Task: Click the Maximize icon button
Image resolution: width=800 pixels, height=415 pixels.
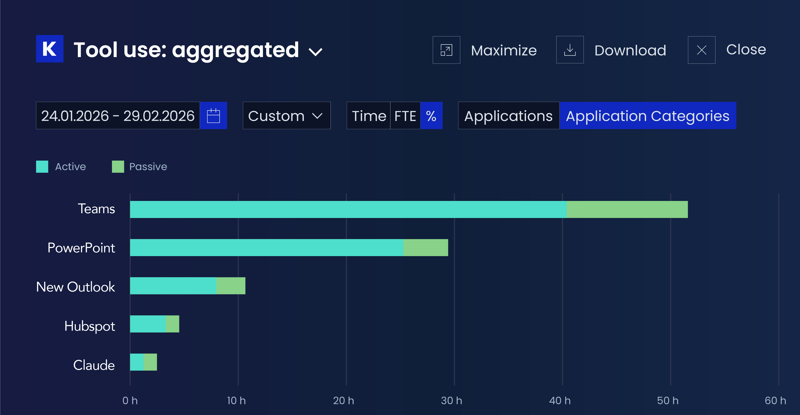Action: pyautogui.click(x=446, y=50)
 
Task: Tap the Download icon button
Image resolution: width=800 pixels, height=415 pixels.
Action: pyautogui.click(x=570, y=50)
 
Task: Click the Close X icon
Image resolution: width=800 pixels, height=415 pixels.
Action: pyautogui.click(x=701, y=50)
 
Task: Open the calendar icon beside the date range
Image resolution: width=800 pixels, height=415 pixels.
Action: pyautogui.click(x=213, y=116)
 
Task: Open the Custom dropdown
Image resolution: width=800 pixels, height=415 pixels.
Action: pyautogui.click(x=287, y=116)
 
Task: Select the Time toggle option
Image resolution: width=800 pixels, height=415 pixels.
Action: pyautogui.click(x=369, y=116)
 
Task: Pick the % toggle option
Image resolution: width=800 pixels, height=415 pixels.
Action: pyautogui.click(x=431, y=116)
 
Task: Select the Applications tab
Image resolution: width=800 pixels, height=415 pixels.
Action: pyautogui.click(x=509, y=116)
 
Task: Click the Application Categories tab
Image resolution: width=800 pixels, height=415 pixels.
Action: pyautogui.click(x=648, y=116)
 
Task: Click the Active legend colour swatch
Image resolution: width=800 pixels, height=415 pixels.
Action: pyautogui.click(x=42, y=167)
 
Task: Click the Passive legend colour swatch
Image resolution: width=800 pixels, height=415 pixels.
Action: pyautogui.click(x=118, y=167)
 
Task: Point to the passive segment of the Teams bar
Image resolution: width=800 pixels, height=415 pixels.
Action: pyautogui.click(x=627, y=209)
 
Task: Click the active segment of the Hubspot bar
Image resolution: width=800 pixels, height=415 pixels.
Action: pyautogui.click(x=148, y=324)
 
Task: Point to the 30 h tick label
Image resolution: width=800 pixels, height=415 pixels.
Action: pyautogui.click(x=452, y=401)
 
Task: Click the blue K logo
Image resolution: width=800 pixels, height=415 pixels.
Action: pyautogui.click(x=50, y=49)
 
